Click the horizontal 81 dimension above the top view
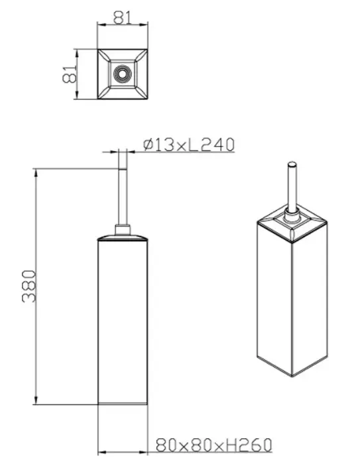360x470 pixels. pos(123,18)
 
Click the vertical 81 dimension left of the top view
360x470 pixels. pos(70,74)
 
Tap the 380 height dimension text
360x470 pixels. pos(29,286)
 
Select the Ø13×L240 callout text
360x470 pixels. pos(188,145)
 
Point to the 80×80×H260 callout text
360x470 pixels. pos(214,445)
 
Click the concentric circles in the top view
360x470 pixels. pos(122,74)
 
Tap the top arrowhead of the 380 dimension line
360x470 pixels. pos(36,172)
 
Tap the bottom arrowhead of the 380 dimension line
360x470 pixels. pos(36,400)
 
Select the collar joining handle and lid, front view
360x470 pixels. pos(123,230)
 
